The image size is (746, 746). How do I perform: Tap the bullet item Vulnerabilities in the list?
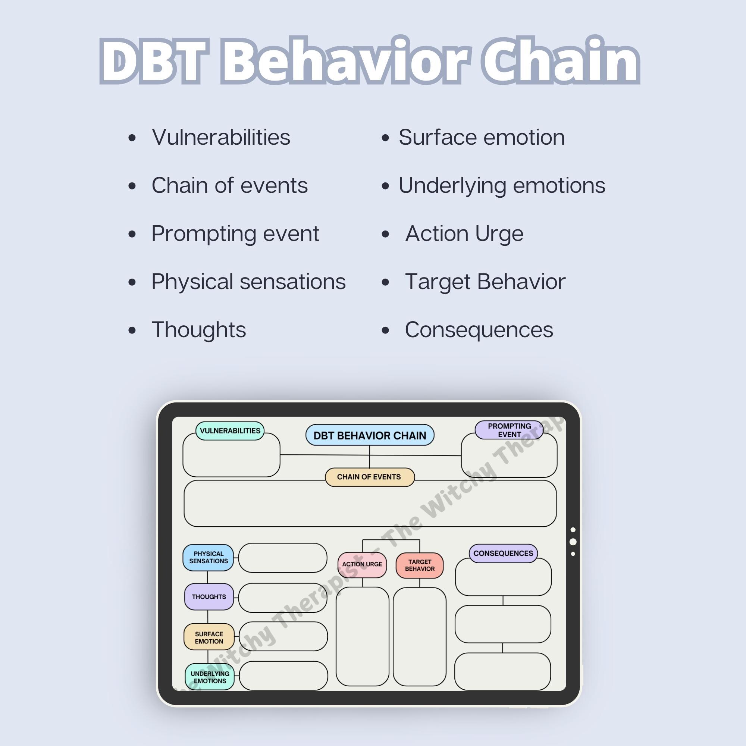point(221,138)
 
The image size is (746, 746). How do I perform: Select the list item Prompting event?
point(235,233)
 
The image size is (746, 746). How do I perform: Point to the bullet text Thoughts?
point(199,330)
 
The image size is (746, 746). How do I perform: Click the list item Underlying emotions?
point(502,185)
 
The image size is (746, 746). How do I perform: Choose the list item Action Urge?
point(464,233)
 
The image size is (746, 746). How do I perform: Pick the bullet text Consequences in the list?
point(479,330)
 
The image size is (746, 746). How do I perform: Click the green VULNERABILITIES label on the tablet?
point(230,431)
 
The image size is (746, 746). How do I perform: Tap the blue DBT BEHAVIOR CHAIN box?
point(370,436)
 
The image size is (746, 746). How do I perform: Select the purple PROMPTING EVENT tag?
point(509,430)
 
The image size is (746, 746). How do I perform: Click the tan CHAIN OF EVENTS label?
point(370,477)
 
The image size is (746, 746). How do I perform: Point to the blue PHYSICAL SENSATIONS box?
point(209,558)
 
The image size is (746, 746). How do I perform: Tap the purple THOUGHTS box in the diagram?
point(209,597)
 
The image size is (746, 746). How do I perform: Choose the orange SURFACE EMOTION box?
point(209,637)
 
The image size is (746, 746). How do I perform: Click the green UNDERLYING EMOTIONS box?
point(210,677)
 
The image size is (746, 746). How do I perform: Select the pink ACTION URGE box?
point(362,564)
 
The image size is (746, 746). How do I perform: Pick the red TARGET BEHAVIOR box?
point(419,565)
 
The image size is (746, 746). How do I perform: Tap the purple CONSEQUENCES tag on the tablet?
point(503,553)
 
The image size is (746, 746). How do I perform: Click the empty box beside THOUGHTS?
point(283,598)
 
